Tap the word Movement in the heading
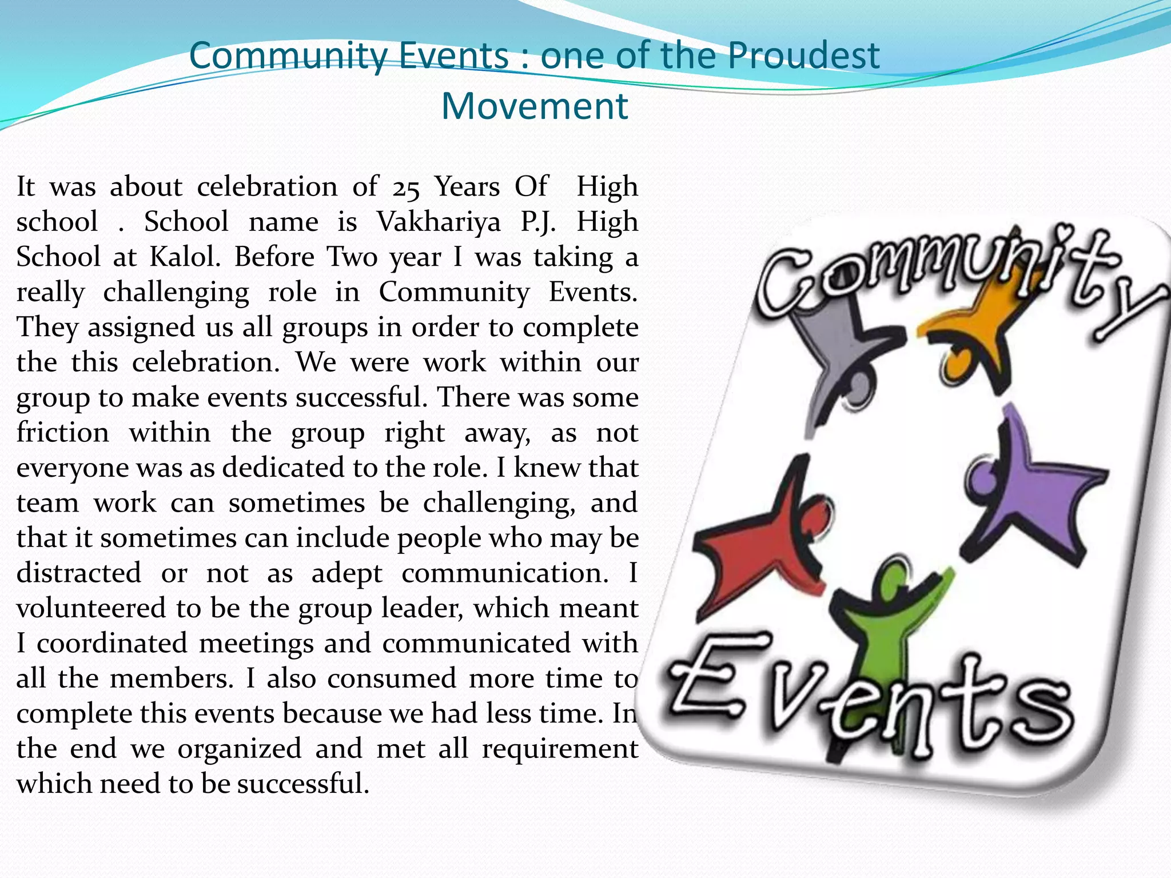tap(535, 107)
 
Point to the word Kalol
tap(185, 257)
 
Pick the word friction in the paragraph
tap(62, 433)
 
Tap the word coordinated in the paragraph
tap(112, 644)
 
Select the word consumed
tap(392, 679)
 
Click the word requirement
tap(560, 749)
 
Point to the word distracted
tap(79, 573)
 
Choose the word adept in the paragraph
tap(346, 574)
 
